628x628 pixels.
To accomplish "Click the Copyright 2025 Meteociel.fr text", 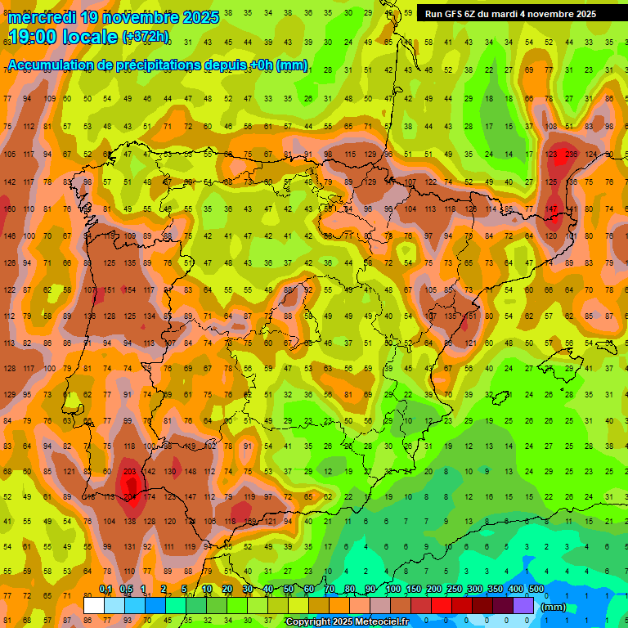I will [x=348, y=622].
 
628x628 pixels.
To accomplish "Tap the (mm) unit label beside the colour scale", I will [x=554, y=607].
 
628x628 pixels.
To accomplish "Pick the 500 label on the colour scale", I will [x=536, y=590].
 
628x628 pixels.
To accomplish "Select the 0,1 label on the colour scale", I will [x=105, y=590].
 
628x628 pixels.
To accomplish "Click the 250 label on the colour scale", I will [x=454, y=590].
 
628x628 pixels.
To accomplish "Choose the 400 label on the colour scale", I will [x=515, y=590].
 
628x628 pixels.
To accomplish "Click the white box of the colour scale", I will [x=94, y=606].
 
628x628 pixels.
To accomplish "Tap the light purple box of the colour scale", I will [x=523, y=606].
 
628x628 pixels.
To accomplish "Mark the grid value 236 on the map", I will [x=570, y=155].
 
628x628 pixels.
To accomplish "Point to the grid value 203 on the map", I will [x=129, y=472].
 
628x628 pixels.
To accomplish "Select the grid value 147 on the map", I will [x=551, y=209].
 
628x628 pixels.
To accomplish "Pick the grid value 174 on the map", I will [x=150, y=496].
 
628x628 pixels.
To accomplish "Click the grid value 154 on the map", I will [x=129, y=289].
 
